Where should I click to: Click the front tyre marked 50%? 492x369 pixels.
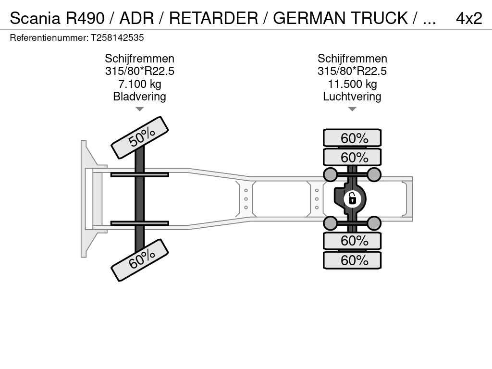[x=140, y=137]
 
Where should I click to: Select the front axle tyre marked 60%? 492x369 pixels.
[x=140, y=260]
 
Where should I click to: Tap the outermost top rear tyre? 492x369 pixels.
[x=352, y=138]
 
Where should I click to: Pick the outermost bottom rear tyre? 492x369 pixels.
[x=352, y=260]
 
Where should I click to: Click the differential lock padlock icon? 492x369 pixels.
[x=352, y=198]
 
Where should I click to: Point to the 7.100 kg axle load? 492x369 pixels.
[x=140, y=84]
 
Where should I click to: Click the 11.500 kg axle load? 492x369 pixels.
[x=352, y=84]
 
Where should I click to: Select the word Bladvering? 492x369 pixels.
[x=140, y=97]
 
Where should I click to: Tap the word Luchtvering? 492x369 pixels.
[x=352, y=97]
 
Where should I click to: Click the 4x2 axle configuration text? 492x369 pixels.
[x=468, y=18]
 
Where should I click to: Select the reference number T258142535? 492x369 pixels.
[x=117, y=37]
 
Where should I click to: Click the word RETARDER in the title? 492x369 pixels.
[x=213, y=18]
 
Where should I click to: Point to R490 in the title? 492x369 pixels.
[x=85, y=18]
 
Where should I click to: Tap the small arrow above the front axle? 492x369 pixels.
[x=140, y=109]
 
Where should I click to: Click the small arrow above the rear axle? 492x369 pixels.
[x=352, y=109]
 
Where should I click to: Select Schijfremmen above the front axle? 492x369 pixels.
[x=140, y=59]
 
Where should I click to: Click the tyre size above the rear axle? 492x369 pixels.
[x=352, y=71]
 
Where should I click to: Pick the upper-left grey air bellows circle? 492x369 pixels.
[x=331, y=174]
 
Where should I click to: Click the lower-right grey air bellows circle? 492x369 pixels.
[x=374, y=223]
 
